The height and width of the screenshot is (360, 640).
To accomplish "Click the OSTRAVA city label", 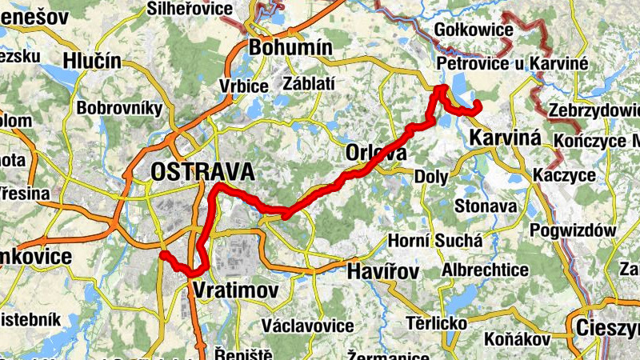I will [202, 172].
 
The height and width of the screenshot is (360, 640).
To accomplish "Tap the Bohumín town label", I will [290, 48].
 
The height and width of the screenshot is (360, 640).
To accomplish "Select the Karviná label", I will [506, 137].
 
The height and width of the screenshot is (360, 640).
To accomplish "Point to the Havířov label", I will [383, 272].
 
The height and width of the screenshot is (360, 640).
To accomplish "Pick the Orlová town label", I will [376, 153].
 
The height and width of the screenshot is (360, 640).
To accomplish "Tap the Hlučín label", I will [92, 62].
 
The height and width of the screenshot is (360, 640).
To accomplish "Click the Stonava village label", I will [486, 206].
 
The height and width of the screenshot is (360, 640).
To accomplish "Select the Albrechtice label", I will [485, 270].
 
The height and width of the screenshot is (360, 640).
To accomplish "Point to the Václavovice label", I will [308, 326].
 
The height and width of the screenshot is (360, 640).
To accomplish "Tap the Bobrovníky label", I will [119, 107].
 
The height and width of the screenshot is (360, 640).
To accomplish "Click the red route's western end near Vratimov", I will [162, 255].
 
